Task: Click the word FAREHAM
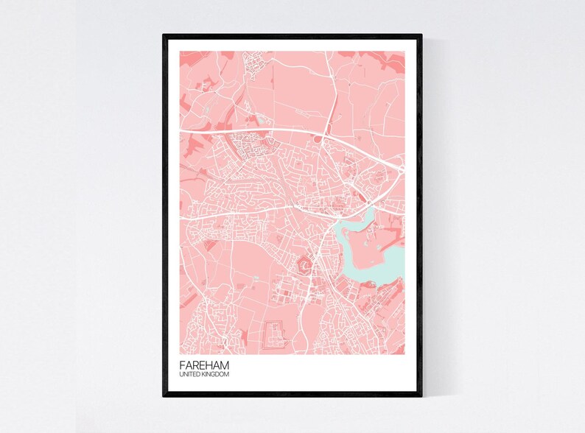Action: (203, 365)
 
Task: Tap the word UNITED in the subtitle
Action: (189, 375)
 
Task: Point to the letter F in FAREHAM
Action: (182, 365)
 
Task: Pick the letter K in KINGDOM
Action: (203, 375)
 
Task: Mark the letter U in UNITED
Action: (181, 375)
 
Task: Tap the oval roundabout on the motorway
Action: (320, 138)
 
